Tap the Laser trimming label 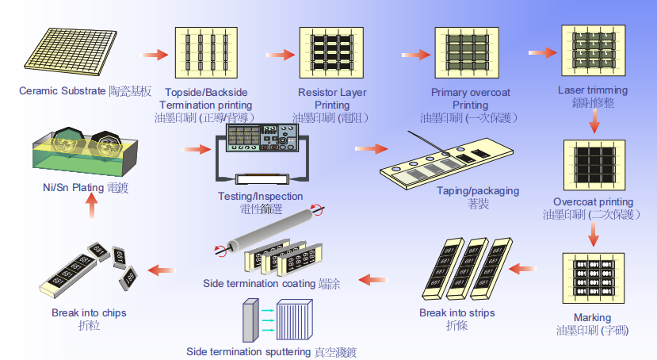tap(592, 90)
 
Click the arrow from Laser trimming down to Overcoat tap(592, 121)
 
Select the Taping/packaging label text tap(478, 191)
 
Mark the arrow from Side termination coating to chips tap(162, 270)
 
